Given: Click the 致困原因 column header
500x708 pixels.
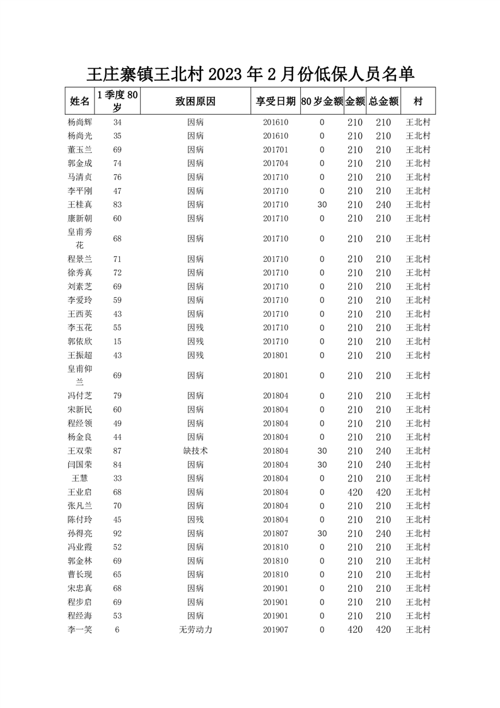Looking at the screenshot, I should pos(195,101).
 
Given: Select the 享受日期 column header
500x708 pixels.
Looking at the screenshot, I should pos(276,101).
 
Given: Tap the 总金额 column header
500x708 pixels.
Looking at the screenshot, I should pos(383,101).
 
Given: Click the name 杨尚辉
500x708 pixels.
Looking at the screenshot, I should pos(79,122).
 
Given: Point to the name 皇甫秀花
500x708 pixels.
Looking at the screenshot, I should pos(79,239).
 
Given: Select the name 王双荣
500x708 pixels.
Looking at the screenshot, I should pos(79,451).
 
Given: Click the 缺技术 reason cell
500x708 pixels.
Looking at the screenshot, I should pos(195,451).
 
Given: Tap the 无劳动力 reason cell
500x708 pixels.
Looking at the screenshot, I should pos(195,630).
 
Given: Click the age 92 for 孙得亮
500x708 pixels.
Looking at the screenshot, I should pos(117,533).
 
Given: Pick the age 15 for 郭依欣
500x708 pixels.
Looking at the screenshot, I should pos(117,341).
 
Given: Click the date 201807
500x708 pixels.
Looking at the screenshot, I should pos(276,533).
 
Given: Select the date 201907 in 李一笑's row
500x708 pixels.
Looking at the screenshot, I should pos(276,630).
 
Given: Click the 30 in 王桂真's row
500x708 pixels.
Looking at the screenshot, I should pos(322,204).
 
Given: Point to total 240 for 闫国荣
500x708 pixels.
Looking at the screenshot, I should pos(383,464).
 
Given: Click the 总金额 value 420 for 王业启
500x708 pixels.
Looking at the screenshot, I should pos(383,492).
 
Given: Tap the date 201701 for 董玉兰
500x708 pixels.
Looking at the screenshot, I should pos(276,150).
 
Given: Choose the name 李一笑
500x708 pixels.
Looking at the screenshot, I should pos(79,630).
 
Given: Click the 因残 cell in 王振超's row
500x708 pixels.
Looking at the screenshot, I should pos(195,355).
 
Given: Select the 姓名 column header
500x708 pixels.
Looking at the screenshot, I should pos(79,101).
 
